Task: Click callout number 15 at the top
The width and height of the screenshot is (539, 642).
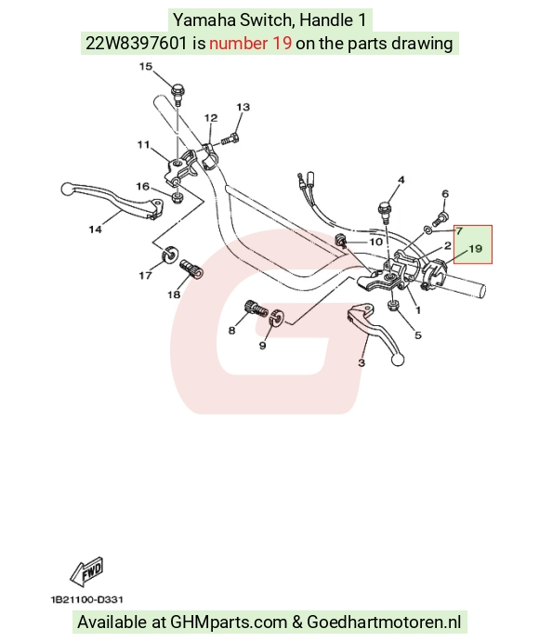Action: [146, 66]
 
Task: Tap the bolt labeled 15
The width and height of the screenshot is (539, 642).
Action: [178, 94]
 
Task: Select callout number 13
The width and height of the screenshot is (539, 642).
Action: [243, 107]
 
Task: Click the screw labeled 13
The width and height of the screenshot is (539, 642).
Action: [231, 138]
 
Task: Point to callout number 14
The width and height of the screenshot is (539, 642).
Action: [96, 229]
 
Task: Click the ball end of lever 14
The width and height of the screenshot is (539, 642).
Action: [66, 190]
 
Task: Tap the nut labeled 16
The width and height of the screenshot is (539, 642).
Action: [177, 197]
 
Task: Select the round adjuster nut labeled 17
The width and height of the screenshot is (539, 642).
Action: [169, 255]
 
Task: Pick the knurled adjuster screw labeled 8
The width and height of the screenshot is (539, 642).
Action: [256, 309]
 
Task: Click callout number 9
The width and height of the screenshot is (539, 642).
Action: [263, 346]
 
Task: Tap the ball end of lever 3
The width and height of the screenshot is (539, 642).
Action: [398, 360]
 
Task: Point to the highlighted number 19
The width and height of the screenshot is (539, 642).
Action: [475, 248]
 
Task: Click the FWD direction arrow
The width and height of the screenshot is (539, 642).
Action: [87, 571]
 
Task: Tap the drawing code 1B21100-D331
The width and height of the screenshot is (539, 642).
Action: [87, 600]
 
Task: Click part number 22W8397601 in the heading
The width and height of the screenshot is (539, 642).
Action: [137, 43]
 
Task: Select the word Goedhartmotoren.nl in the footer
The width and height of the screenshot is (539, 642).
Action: [384, 622]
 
